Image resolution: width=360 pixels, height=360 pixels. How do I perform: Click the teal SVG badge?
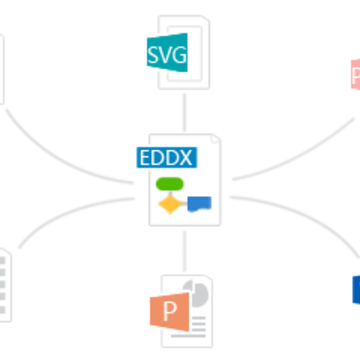pos(167,52)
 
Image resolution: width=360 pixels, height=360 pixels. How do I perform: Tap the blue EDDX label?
pos(167,157)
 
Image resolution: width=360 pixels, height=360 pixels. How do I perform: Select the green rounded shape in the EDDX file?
pos(170,184)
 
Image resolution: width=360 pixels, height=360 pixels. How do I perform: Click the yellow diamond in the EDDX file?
pos(170,204)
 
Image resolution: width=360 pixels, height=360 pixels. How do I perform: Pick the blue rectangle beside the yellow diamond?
pos(199,204)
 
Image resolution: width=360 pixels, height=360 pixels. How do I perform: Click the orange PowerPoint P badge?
pos(170,311)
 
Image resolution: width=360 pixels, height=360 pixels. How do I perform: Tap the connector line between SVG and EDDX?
pos(184,112)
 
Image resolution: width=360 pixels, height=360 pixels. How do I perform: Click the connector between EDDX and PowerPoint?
pos(184,252)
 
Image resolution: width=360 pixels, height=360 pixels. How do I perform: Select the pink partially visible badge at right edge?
pos(356,74)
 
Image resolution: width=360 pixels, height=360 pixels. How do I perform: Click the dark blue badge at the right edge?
pos(356,289)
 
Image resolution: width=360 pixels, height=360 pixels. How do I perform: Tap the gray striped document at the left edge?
pos(4,285)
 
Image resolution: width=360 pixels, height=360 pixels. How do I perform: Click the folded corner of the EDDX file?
pos(215,139)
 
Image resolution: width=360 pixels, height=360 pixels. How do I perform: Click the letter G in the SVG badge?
pos(179,55)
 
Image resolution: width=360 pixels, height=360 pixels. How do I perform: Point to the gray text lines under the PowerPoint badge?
pos(193,327)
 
